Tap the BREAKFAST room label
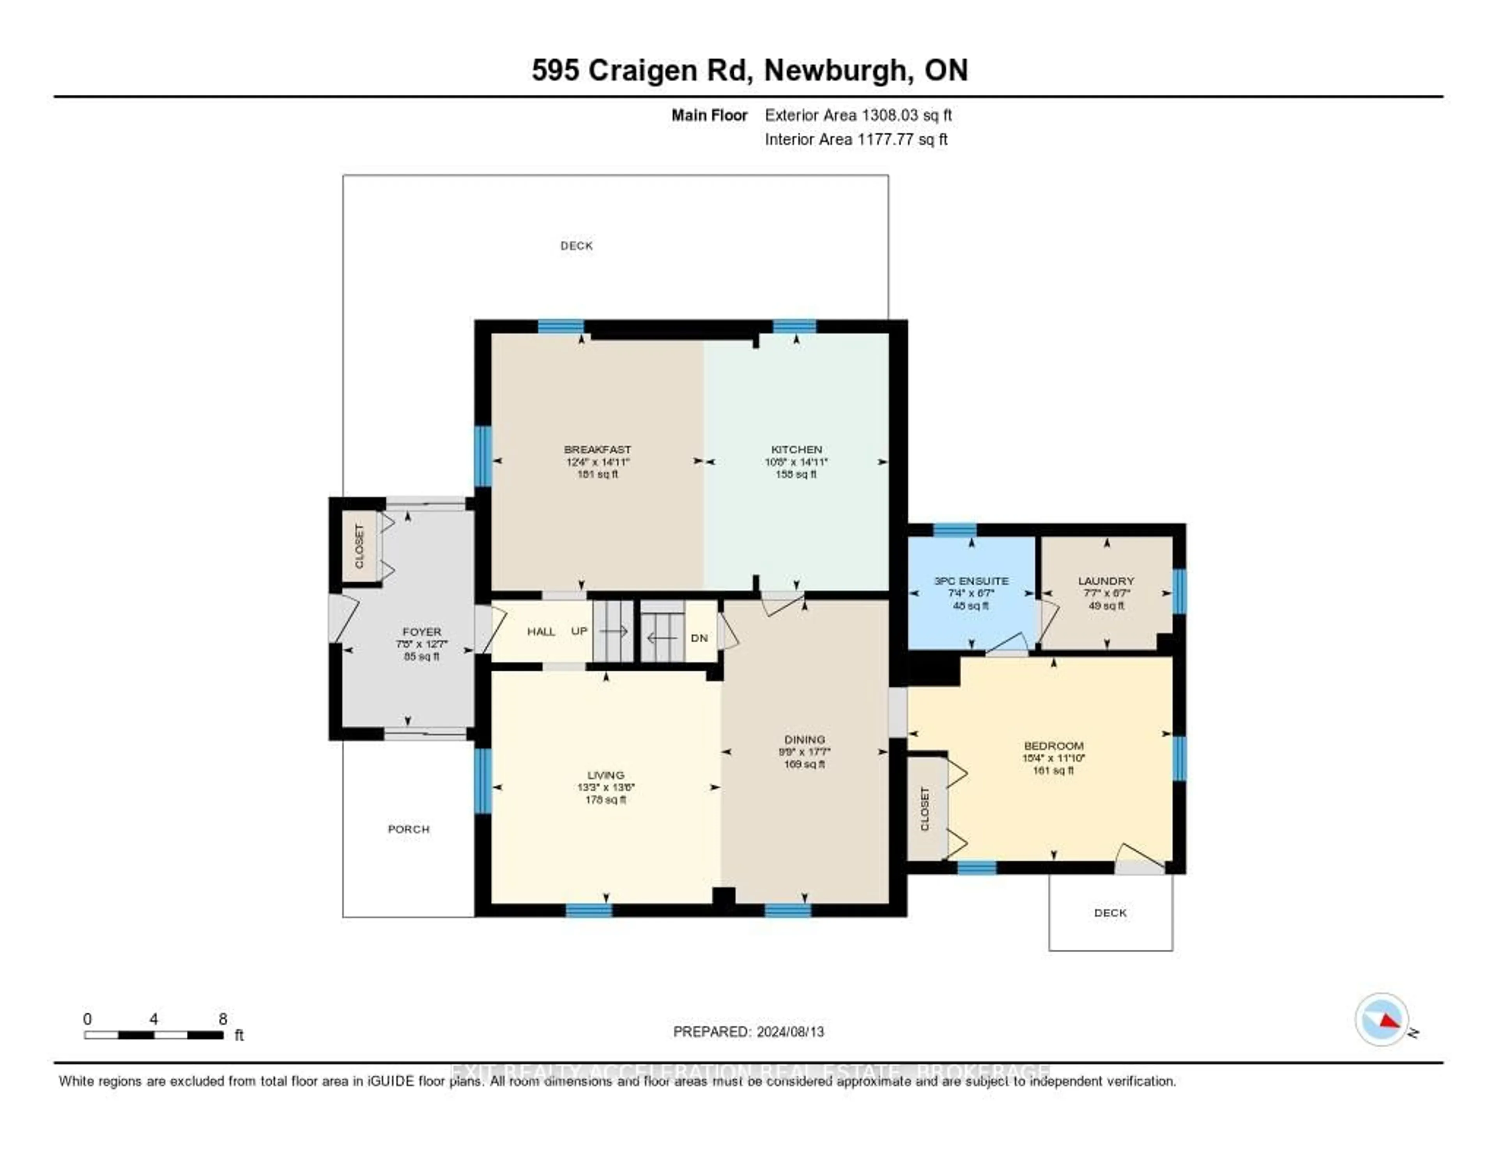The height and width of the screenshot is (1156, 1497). click(597, 449)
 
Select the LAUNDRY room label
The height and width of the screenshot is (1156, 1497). click(1106, 580)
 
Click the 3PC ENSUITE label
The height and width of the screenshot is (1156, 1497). click(971, 580)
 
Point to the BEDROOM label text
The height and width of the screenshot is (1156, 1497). click(1053, 746)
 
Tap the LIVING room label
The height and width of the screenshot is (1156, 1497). click(605, 775)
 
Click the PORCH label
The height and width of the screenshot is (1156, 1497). click(409, 829)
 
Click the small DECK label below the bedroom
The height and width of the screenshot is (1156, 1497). click(1110, 913)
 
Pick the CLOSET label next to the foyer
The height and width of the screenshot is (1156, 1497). click(359, 546)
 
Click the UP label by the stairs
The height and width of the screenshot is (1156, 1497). click(579, 631)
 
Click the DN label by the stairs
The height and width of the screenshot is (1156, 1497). click(699, 638)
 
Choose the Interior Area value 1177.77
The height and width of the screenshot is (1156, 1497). click(886, 139)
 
